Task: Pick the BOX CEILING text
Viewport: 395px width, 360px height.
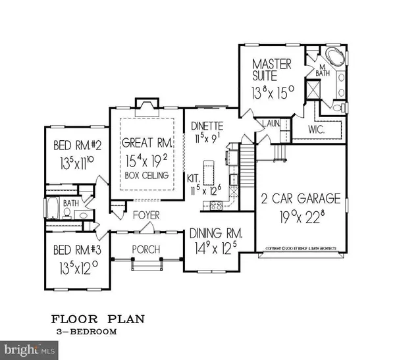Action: (146, 176)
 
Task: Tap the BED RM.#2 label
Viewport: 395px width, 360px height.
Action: (68, 147)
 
